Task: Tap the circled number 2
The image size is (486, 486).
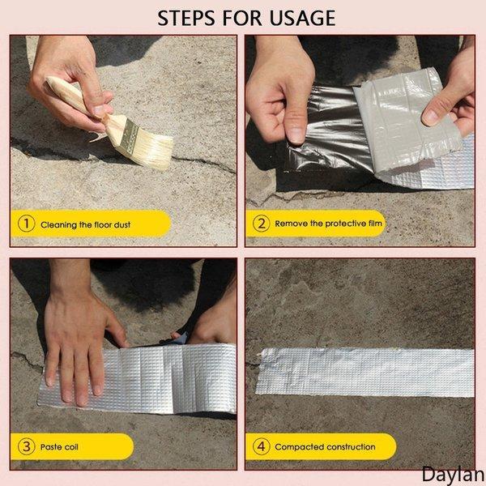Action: tap(261, 223)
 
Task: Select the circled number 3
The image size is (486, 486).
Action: tap(26, 446)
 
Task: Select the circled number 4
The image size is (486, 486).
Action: tap(261, 446)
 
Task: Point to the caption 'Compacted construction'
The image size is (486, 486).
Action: tap(325, 446)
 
